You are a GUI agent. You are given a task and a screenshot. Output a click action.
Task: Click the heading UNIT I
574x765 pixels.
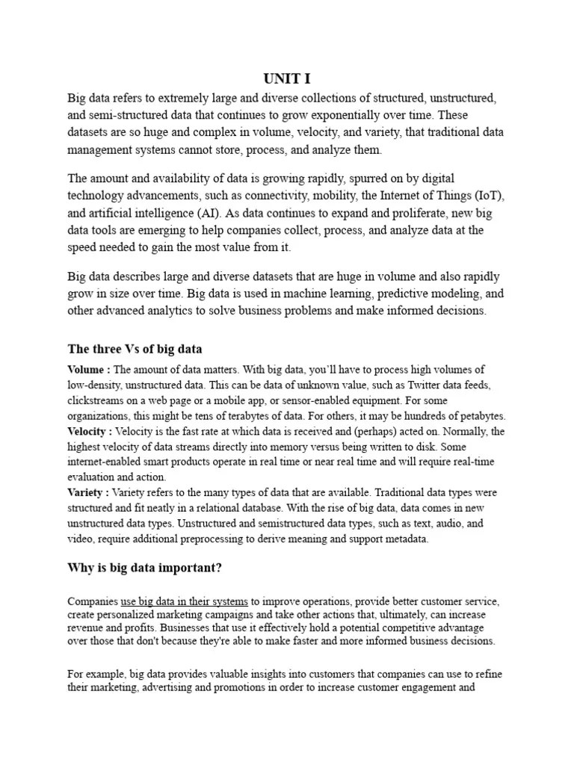point(287,79)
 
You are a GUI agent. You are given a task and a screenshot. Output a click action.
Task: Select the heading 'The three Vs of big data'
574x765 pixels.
point(135,349)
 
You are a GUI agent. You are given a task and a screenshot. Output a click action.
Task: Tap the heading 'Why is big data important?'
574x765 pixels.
point(145,568)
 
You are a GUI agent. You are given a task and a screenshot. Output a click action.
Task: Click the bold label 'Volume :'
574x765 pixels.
point(89,370)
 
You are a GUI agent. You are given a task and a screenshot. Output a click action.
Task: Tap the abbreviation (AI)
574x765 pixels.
point(218,213)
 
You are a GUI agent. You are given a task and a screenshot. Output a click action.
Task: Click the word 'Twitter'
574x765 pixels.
point(408,385)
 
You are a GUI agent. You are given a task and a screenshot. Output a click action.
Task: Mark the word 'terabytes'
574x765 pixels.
point(283,415)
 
